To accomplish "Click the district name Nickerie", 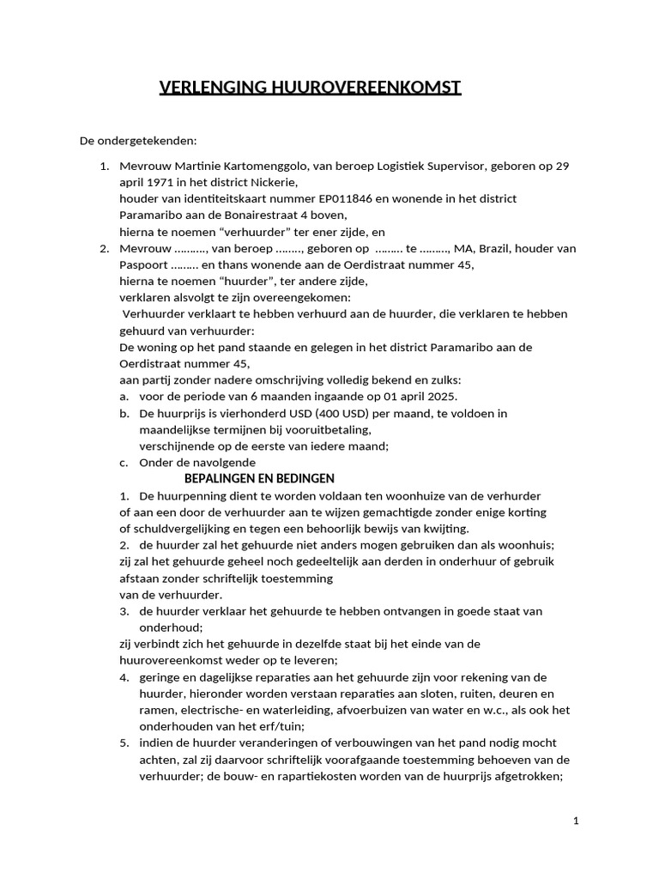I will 273,182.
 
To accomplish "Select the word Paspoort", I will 143,264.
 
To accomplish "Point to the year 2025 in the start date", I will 441,396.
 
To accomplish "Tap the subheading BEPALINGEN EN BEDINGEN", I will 259,478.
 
